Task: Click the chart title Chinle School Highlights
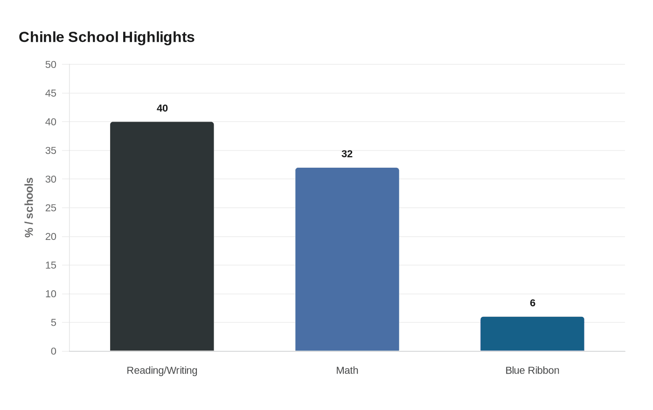[107, 37]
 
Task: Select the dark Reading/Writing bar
[162, 236]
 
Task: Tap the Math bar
[347, 259]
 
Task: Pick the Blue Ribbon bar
[532, 334]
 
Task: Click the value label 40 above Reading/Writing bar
[162, 108]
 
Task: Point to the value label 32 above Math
[347, 154]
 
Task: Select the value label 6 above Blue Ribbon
[533, 303]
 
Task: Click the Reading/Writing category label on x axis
[162, 370]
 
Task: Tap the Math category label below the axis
[347, 370]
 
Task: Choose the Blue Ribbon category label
[532, 370]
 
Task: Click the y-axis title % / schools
[29, 208]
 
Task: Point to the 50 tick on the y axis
[51, 65]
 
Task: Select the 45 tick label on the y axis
[51, 93]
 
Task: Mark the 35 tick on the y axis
[51, 150]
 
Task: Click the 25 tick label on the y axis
[51, 208]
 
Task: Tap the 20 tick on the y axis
[51, 237]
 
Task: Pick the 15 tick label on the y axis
[51, 265]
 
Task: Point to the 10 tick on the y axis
[51, 294]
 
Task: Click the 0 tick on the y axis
[54, 351]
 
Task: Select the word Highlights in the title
[158, 37]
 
